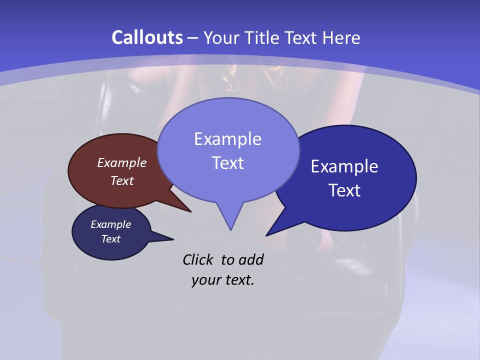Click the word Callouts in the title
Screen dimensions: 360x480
(147, 37)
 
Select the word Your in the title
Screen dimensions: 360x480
(222, 38)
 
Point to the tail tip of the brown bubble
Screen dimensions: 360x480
(190, 211)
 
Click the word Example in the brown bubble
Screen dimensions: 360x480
(122, 163)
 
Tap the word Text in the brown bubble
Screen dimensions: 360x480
(122, 180)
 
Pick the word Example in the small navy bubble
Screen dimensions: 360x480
(110, 224)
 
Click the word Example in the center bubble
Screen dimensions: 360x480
(228, 139)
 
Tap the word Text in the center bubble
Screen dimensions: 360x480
(228, 163)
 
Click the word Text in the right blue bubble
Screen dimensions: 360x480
(345, 190)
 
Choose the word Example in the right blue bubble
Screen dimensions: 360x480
(344, 166)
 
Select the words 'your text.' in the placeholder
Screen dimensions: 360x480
(223, 280)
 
